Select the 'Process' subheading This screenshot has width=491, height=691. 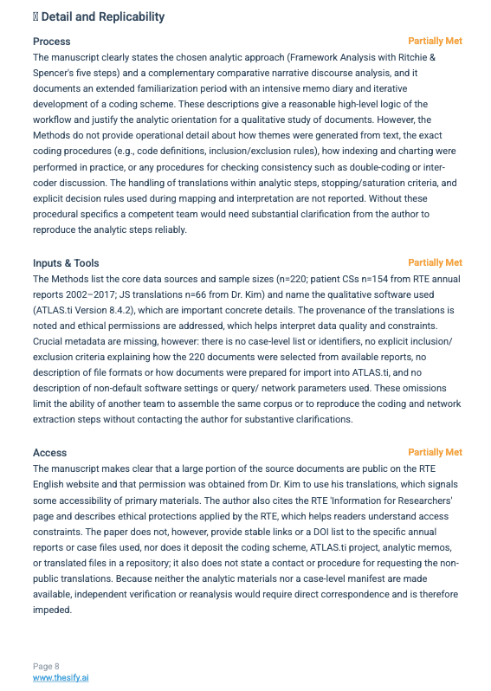coord(52,41)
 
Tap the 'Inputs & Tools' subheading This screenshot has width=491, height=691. coord(66,262)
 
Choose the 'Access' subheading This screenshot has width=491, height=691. coord(49,452)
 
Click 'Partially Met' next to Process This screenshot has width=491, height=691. coord(435,41)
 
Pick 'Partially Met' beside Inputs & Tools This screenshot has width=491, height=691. coord(435,262)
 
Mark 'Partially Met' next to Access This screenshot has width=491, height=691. coord(435,452)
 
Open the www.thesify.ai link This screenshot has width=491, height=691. coord(61,677)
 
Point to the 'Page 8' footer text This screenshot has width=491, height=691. coord(46,666)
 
